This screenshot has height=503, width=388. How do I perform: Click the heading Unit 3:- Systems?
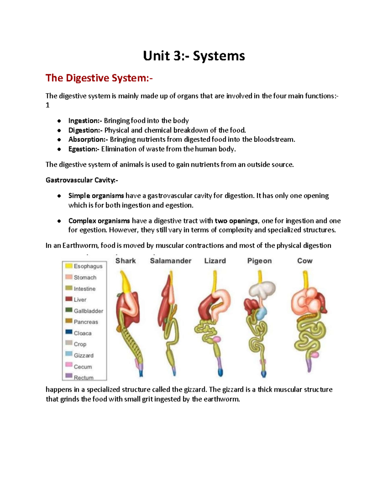pos(194,56)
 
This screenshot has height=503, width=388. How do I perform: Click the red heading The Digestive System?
pos(99,78)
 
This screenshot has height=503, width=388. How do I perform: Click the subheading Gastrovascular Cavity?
pos(82,180)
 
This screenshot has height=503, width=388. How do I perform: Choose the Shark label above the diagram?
pos(125,261)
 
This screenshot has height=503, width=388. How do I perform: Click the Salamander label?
pos(170,261)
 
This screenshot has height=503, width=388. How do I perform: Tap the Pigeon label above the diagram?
pos(259,261)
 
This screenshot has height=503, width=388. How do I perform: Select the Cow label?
pos(305,261)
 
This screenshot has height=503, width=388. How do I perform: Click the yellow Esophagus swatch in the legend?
pos(69,266)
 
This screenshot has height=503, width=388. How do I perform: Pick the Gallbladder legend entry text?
pos(88,311)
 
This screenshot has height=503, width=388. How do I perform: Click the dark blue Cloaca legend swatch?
pos(69,332)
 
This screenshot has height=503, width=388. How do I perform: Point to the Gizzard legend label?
pos(83,356)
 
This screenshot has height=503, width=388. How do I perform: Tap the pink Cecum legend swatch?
pos(69,365)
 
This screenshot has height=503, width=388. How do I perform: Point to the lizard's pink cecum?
pos(216,339)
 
